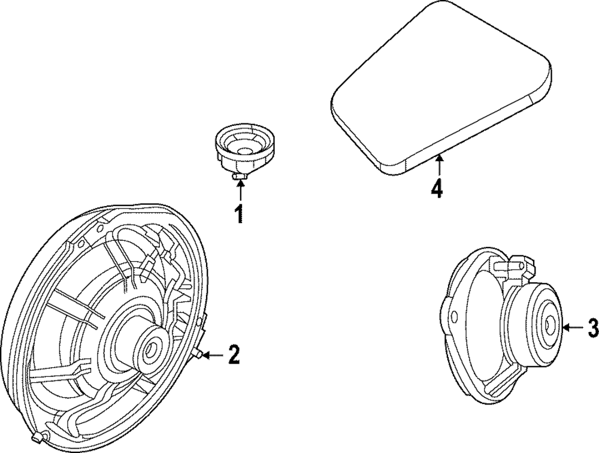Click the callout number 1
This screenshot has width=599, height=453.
pyautogui.click(x=239, y=213)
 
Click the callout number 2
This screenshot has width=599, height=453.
pyautogui.click(x=233, y=355)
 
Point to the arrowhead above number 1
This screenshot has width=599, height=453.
pyautogui.click(x=240, y=182)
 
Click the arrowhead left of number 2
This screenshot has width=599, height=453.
pyautogui.click(x=205, y=355)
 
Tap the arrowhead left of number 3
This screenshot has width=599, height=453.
pyautogui.click(x=566, y=327)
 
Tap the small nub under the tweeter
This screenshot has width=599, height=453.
pyautogui.click(x=240, y=174)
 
